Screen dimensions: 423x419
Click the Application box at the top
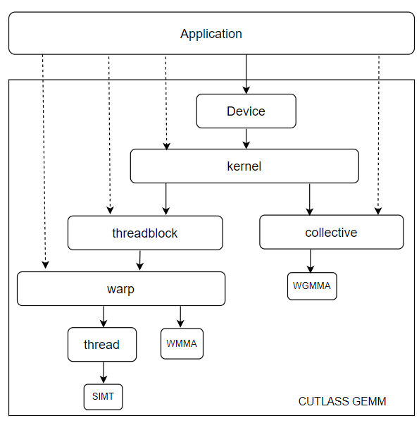click(x=211, y=34)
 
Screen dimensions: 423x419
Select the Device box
click(x=246, y=111)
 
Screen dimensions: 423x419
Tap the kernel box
click(x=244, y=167)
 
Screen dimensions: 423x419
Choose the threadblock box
click(x=145, y=233)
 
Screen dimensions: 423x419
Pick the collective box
click(x=331, y=232)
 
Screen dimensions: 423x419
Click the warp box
click(x=120, y=288)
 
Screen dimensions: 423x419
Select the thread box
click(x=101, y=345)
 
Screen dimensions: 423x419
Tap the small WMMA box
click(x=182, y=344)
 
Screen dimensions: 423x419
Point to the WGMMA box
click(x=311, y=286)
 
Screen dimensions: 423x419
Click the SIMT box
click(x=103, y=396)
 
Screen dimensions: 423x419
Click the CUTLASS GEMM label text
click(x=342, y=401)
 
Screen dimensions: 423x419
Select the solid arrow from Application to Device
click(x=246, y=74)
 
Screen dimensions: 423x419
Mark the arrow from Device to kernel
click(x=246, y=139)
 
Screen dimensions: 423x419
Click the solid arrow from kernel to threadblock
click(x=166, y=199)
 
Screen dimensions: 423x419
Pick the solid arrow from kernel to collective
click(x=309, y=199)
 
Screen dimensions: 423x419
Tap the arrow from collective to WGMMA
click(x=311, y=261)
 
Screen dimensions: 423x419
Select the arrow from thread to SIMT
click(x=104, y=373)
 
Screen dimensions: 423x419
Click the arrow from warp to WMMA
click(x=181, y=317)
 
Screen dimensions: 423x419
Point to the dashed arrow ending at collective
click(x=379, y=134)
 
